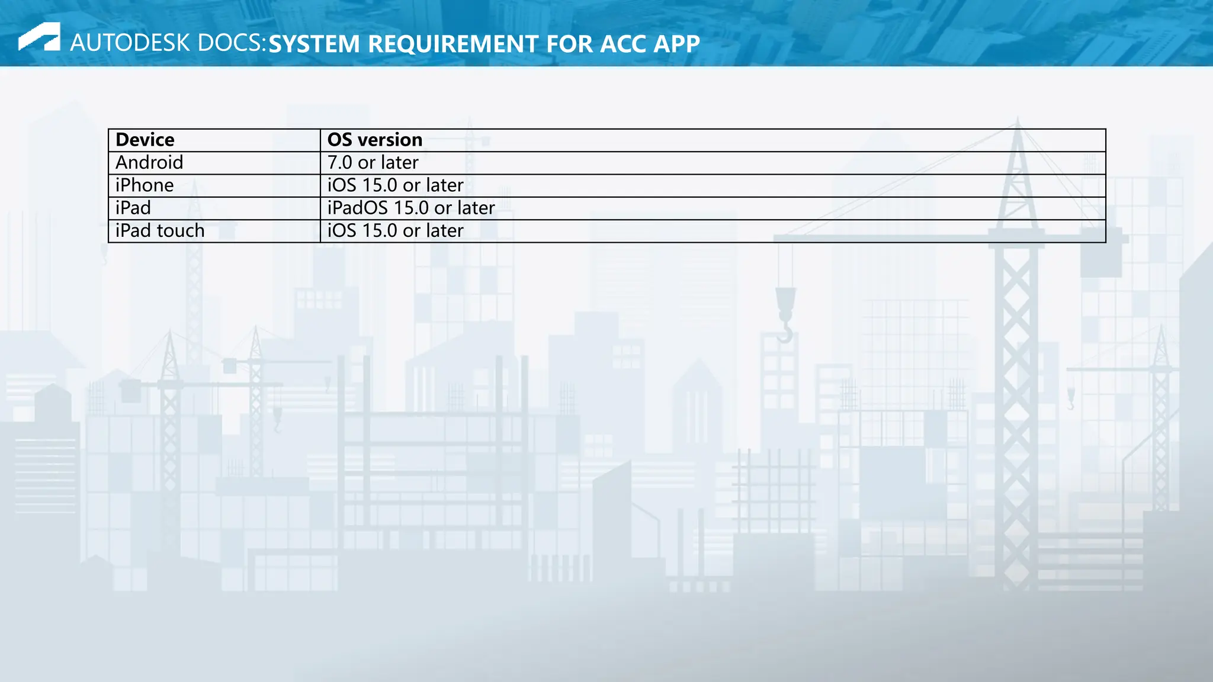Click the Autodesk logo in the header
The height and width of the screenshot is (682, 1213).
pyautogui.click(x=39, y=37)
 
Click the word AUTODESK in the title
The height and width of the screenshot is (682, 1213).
pyautogui.click(x=130, y=43)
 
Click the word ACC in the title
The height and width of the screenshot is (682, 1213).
pyautogui.click(x=623, y=44)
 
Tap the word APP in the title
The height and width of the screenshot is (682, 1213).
pyautogui.click(x=676, y=44)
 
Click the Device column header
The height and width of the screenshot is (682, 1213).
pyautogui.click(x=145, y=140)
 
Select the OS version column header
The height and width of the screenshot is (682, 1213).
pyautogui.click(x=375, y=140)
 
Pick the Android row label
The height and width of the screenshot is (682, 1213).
pyautogui.click(x=149, y=163)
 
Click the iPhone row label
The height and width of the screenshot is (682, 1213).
pyautogui.click(x=145, y=185)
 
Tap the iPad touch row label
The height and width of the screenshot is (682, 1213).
pyautogui.click(x=160, y=231)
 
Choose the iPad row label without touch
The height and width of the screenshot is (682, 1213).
pyautogui.click(x=133, y=208)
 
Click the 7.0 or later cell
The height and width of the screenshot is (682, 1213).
pyautogui.click(x=373, y=163)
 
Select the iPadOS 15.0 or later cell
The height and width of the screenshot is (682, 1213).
pyautogui.click(x=411, y=208)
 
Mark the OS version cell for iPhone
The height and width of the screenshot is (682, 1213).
pyautogui.click(x=396, y=185)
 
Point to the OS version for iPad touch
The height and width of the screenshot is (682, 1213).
pyautogui.click(x=396, y=231)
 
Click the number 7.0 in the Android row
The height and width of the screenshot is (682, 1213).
pyautogui.click(x=340, y=163)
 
